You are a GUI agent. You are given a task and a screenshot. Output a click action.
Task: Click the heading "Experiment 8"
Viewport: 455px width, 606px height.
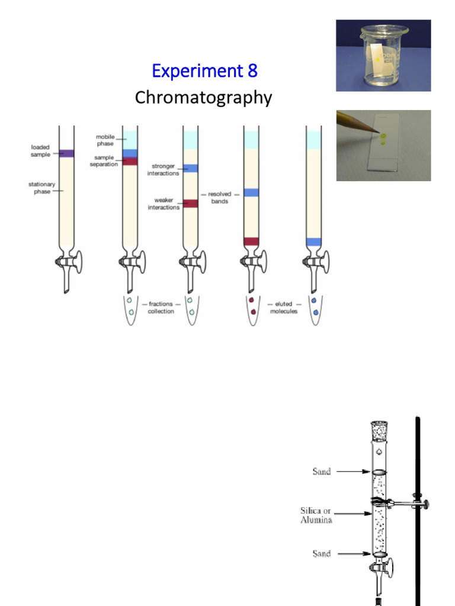204,71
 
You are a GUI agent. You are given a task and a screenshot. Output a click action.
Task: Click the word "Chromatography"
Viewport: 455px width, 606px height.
203,98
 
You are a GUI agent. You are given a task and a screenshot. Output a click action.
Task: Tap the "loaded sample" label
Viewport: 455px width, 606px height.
40,150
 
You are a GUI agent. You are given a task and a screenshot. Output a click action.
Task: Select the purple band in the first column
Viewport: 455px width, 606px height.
66,153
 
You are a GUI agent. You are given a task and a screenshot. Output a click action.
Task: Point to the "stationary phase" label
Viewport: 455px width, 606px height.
41,188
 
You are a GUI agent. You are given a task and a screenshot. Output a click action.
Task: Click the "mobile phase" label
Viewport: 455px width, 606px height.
105,140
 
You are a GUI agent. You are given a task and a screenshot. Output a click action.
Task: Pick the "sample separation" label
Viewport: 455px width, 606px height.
104,161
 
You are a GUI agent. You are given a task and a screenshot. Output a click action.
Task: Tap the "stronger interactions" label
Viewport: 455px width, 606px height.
164,170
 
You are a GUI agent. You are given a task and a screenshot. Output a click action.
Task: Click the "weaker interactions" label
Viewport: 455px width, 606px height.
164,204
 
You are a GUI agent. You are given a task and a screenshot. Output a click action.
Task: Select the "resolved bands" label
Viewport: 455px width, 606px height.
219,198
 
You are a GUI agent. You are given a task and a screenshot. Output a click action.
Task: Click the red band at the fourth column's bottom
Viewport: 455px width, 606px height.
251,241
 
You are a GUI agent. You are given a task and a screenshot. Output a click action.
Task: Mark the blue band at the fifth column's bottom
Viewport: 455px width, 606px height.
313,242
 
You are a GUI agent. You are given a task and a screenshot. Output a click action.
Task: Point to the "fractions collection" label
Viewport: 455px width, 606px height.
161,308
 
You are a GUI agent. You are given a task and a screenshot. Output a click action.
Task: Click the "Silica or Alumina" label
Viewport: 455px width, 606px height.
316,515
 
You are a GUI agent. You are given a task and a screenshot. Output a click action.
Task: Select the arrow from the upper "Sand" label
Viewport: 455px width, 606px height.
353,472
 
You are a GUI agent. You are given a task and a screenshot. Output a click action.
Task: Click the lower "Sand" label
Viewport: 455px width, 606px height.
321,554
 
